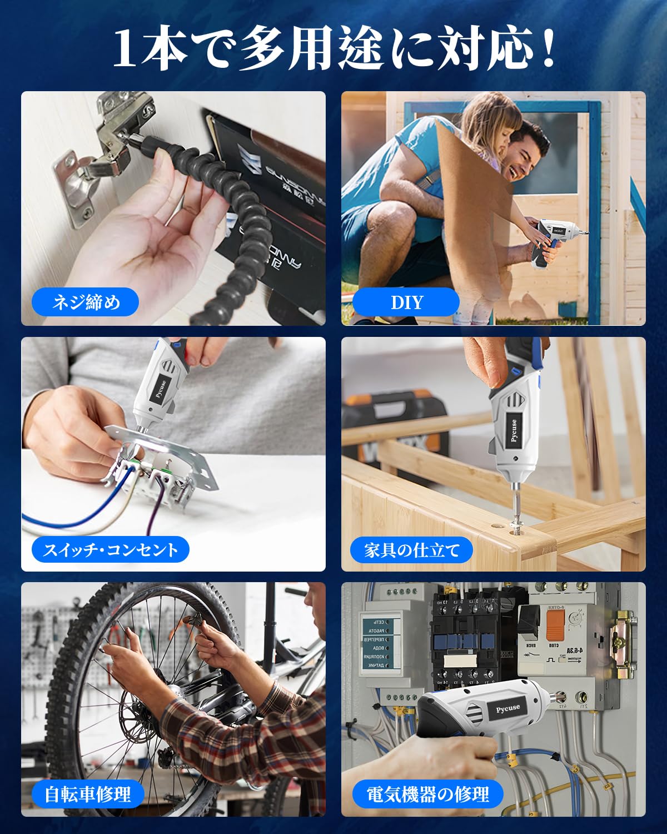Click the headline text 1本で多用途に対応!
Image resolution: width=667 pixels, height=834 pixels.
click(333, 50)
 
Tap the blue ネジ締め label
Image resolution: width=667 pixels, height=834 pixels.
click(86, 302)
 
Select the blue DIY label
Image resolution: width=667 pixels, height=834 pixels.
click(406, 302)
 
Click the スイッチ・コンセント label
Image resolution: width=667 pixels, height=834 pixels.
click(111, 550)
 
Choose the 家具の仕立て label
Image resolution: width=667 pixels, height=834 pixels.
click(411, 550)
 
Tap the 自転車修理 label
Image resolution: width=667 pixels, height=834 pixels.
click(87, 794)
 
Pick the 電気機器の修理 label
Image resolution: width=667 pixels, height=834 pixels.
click(427, 794)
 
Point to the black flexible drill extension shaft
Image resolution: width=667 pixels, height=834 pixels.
click(222, 211)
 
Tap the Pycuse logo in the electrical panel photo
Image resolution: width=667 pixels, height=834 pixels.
click(507, 708)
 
